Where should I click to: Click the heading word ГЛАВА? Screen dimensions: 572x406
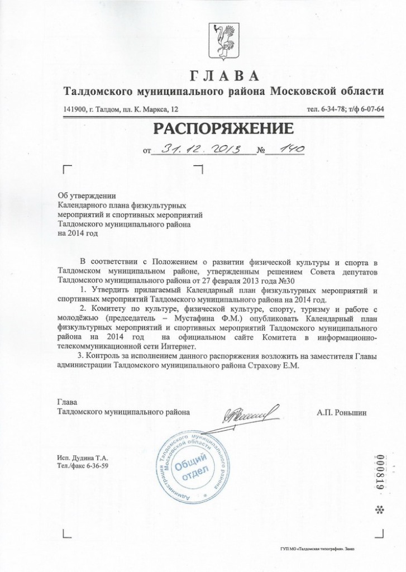coord(225,76)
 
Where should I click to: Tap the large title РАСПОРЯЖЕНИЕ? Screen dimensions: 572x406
coord(224,129)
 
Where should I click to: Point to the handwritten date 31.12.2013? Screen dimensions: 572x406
coord(199,149)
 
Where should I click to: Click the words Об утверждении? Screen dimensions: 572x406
coord(87,195)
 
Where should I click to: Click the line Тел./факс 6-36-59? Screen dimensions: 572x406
coord(83,466)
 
